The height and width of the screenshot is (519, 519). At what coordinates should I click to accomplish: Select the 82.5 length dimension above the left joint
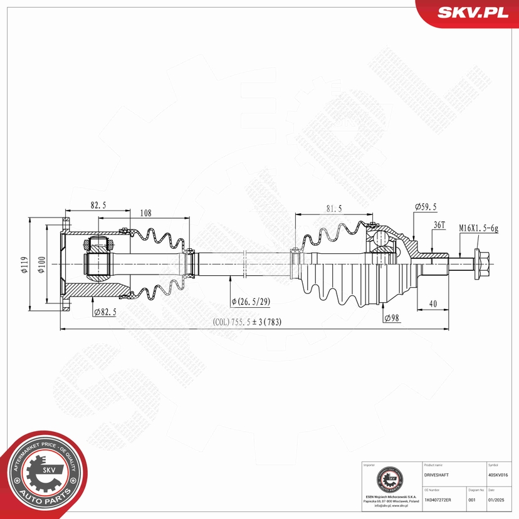97,204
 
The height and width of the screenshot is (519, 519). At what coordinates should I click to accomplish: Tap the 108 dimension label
145,213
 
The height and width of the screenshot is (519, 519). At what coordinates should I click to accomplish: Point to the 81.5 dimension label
333,209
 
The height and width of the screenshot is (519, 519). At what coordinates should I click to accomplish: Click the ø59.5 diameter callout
426,207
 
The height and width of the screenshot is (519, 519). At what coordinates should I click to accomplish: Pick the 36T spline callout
439,225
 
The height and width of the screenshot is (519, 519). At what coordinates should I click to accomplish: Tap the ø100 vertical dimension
41,265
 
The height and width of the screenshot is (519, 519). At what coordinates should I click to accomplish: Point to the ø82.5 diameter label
105,311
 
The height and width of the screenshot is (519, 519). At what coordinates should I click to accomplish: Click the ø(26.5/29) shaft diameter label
251,301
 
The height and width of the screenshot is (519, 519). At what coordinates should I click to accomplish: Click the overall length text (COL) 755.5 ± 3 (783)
248,323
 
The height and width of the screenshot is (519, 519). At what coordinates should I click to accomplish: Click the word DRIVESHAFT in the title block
437,476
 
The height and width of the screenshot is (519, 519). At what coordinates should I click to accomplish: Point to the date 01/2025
495,500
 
